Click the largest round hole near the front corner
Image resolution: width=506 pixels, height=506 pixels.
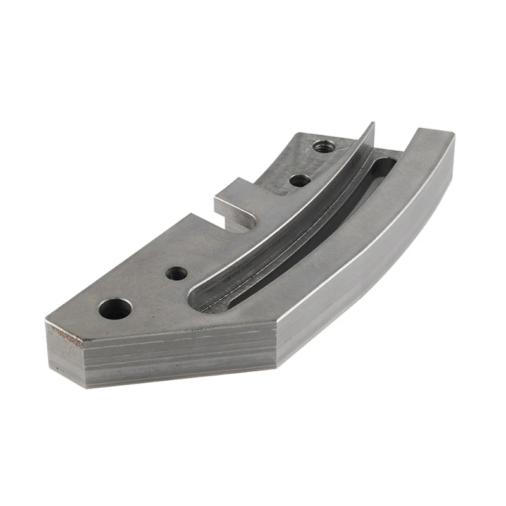coord(115,309)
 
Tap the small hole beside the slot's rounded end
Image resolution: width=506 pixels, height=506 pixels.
coord(176,274)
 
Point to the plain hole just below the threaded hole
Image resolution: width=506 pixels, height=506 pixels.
coord(299,180)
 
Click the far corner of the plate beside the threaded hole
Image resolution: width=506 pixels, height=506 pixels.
coord(297,134)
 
